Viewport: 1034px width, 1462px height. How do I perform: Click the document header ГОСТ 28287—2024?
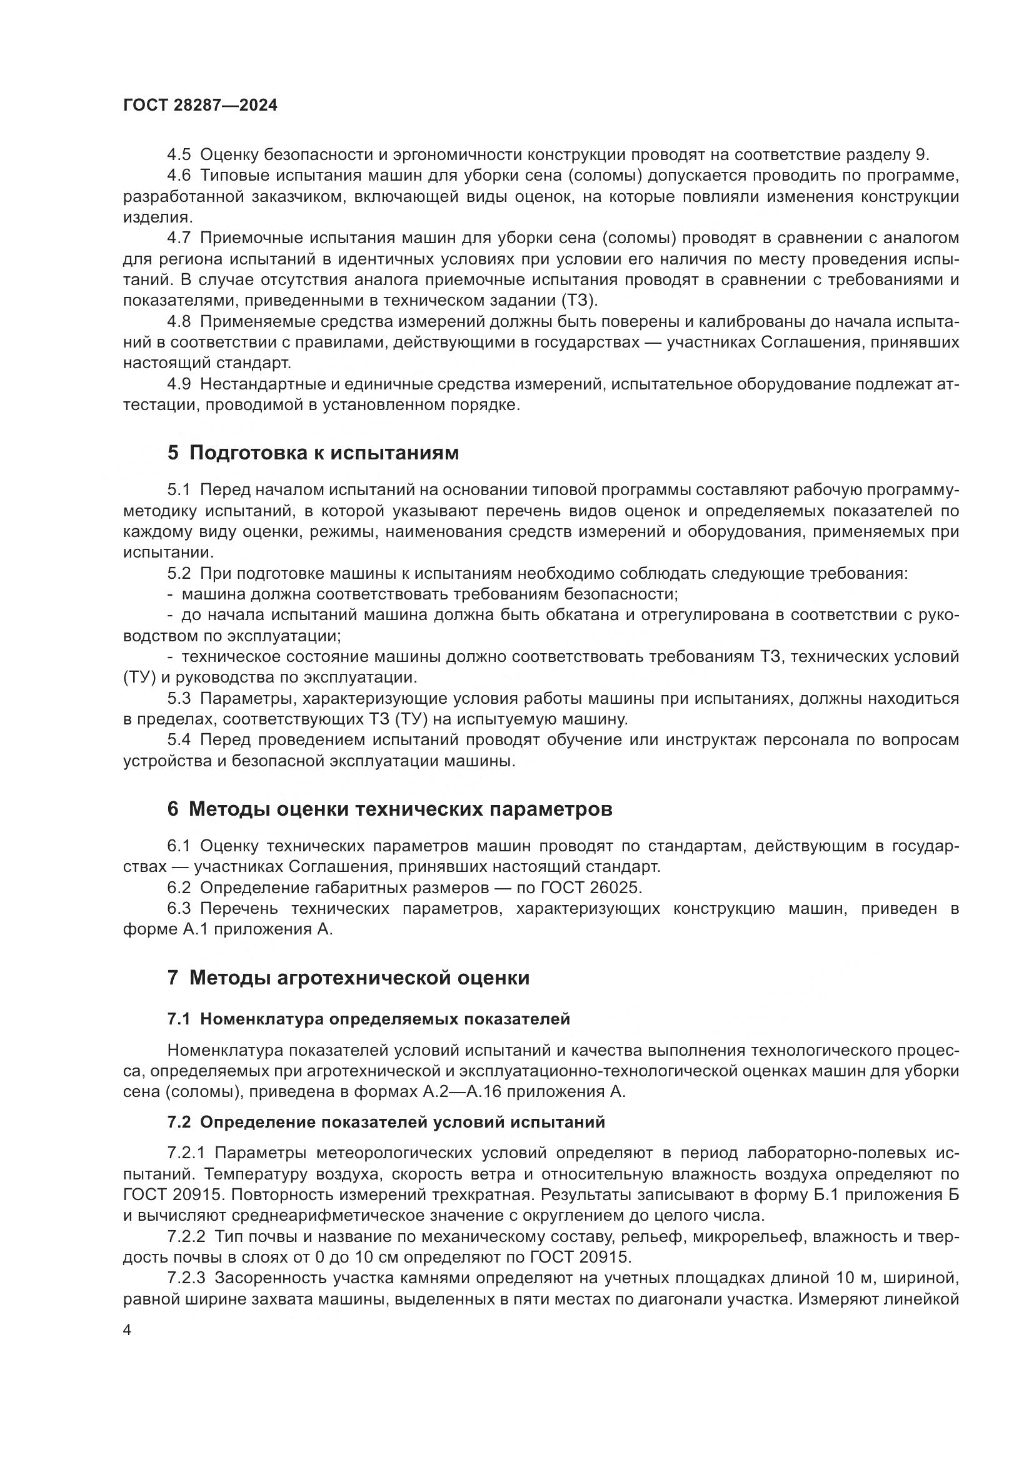[x=200, y=106]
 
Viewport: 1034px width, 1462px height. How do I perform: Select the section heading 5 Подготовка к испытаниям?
[x=313, y=453]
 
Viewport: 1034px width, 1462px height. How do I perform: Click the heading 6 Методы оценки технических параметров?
[x=389, y=809]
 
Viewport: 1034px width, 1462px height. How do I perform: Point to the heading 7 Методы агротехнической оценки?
[x=348, y=978]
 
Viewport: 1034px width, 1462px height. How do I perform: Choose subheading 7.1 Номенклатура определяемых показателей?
[x=369, y=1019]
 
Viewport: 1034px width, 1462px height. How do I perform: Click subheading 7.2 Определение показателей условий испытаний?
[x=386, y=1122]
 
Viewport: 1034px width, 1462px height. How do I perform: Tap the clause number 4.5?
[x=179, y=155]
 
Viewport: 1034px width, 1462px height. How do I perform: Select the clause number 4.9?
[x=179, y=384]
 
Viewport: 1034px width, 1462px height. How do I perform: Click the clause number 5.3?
[x=179, y=699]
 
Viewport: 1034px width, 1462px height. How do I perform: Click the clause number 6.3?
[x=179, y=908]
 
